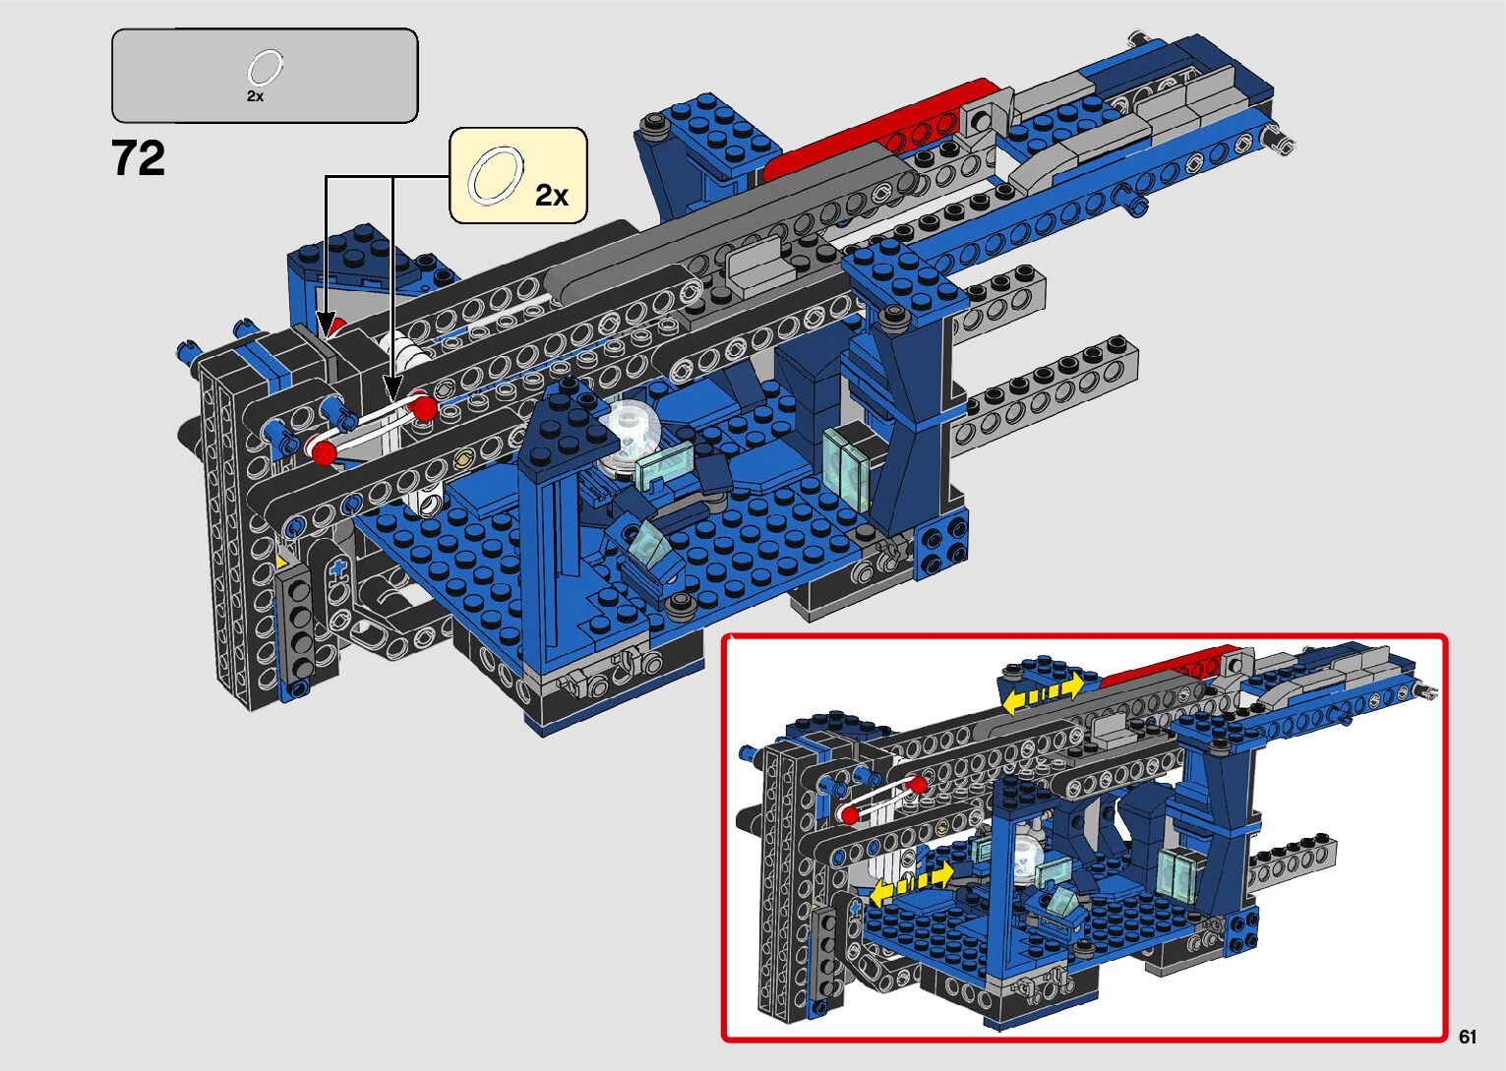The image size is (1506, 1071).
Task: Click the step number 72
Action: [138, 158]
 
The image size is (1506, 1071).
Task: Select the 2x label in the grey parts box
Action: [255, 96]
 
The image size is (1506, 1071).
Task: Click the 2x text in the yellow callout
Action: [551, 195]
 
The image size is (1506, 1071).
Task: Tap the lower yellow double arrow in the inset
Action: [912, 884]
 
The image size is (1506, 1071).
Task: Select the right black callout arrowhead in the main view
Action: [393, 390]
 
